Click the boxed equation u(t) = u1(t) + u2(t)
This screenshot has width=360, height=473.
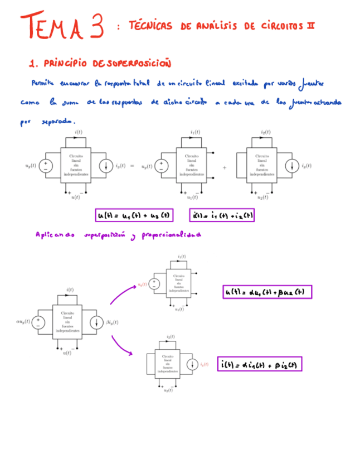coord(135,215)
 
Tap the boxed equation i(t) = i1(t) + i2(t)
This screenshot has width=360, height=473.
coord(222,215)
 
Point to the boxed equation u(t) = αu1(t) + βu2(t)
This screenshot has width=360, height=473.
coord(267,292)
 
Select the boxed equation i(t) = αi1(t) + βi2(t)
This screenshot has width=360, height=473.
coord(260,364)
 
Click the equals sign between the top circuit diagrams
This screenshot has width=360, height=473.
coord(132,166)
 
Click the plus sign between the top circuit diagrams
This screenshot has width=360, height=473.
coord(225,167)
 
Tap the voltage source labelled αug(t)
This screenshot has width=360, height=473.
coord(38,322)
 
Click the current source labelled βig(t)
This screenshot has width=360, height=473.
coord(93,322)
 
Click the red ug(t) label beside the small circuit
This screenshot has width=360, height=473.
coord(143,284)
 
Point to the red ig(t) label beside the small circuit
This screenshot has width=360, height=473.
coord(204,364)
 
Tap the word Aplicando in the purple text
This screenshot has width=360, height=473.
coord(55,235)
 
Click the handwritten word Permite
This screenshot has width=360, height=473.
coord(43,83)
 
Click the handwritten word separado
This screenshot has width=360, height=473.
coord(59,121)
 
